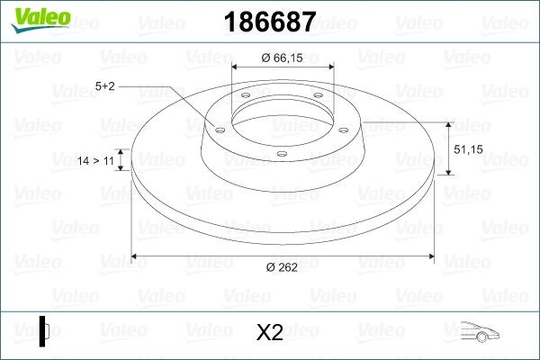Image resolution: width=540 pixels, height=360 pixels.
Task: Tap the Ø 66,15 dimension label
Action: tap(282, 58)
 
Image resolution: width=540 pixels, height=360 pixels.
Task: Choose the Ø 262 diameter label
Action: tap(281, 266)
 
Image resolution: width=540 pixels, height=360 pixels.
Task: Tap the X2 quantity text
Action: tap(270, 332)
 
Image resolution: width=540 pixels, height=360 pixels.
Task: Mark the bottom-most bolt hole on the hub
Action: tap(281, 153)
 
